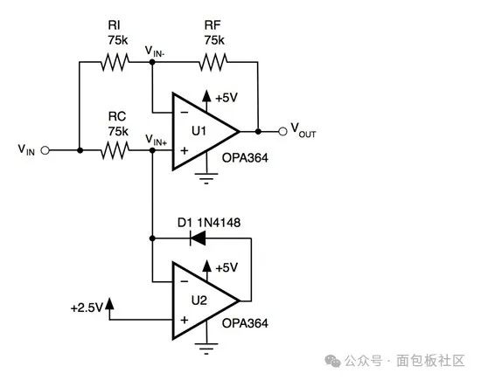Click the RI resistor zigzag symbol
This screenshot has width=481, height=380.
115,62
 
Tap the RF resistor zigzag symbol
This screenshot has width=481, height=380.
213,62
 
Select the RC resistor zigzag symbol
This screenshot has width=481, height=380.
115,150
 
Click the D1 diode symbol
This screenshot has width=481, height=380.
198,238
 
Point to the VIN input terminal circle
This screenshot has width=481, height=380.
45,150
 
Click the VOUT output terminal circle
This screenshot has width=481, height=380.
282,131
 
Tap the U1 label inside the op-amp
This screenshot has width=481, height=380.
199,131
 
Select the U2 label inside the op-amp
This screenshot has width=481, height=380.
199,301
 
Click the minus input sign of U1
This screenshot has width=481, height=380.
185,113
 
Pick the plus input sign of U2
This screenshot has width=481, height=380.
184,321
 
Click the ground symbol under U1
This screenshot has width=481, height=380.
206,178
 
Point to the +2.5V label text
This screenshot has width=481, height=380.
87,308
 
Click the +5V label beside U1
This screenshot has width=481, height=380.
227,98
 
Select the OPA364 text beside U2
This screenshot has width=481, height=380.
245,323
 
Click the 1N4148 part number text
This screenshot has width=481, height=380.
219,223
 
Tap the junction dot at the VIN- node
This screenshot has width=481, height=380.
152,62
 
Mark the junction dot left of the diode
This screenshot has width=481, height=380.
152,238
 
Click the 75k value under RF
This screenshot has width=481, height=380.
214,40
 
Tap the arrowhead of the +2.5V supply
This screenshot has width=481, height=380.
109,303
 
